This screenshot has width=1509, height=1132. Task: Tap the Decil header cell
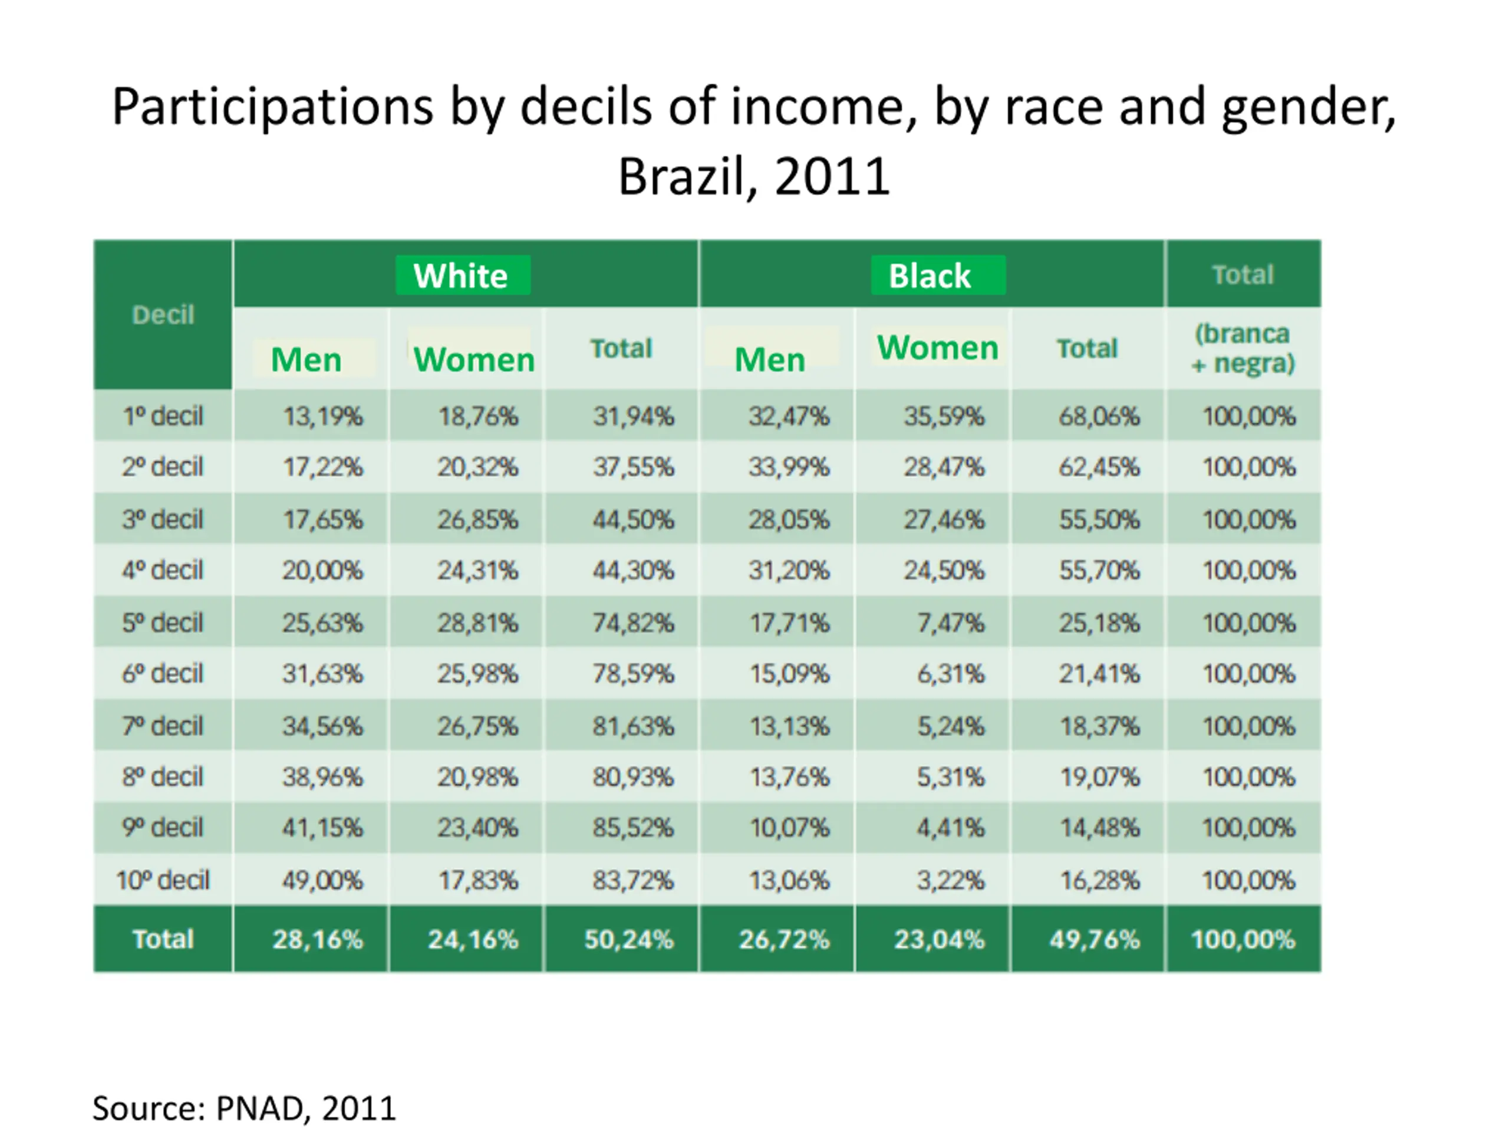click(x=163, y=315)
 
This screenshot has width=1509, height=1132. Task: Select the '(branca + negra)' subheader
click(x=1242, y=348)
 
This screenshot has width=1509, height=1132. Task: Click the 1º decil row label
click(x=163, y=416)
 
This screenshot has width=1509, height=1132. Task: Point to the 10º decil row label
click(x=163, y=880)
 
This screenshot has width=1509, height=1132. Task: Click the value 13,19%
click(x=322, y=416)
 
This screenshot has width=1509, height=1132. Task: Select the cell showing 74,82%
click(x=633, y=622)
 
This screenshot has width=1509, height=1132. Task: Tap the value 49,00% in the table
click(x=322, y=880)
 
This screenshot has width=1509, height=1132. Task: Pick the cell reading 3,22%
click(x=950, y=880)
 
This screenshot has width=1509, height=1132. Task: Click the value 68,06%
click(x=1099, y=416)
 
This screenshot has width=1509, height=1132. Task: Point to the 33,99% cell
click(x=789, y=467)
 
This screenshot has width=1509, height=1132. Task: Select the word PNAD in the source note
click(x=259, y=1108)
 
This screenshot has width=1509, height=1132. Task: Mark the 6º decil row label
click(x=163, y=673)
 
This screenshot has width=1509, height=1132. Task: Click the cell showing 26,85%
click(x=477, y=519)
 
